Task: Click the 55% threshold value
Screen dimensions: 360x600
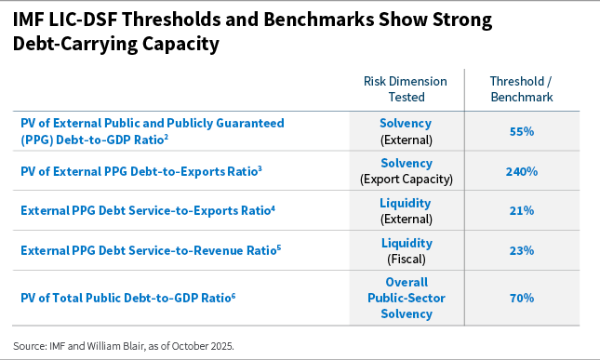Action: (521, 132)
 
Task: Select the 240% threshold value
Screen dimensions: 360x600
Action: (521, 171)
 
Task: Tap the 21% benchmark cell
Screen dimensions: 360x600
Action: (521, 211)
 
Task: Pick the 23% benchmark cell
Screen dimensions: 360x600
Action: (521, 250)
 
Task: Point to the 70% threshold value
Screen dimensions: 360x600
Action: (521, 298)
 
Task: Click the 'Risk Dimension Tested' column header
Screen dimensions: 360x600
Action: (405, 88)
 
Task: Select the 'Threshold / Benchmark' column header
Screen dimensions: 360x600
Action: (521, 88)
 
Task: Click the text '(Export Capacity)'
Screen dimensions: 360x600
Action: (406, 180)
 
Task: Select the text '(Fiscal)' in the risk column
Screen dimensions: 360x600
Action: (406, 259)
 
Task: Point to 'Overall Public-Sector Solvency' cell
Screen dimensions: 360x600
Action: (406, 298)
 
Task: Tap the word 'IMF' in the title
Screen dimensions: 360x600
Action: (31, 20)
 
